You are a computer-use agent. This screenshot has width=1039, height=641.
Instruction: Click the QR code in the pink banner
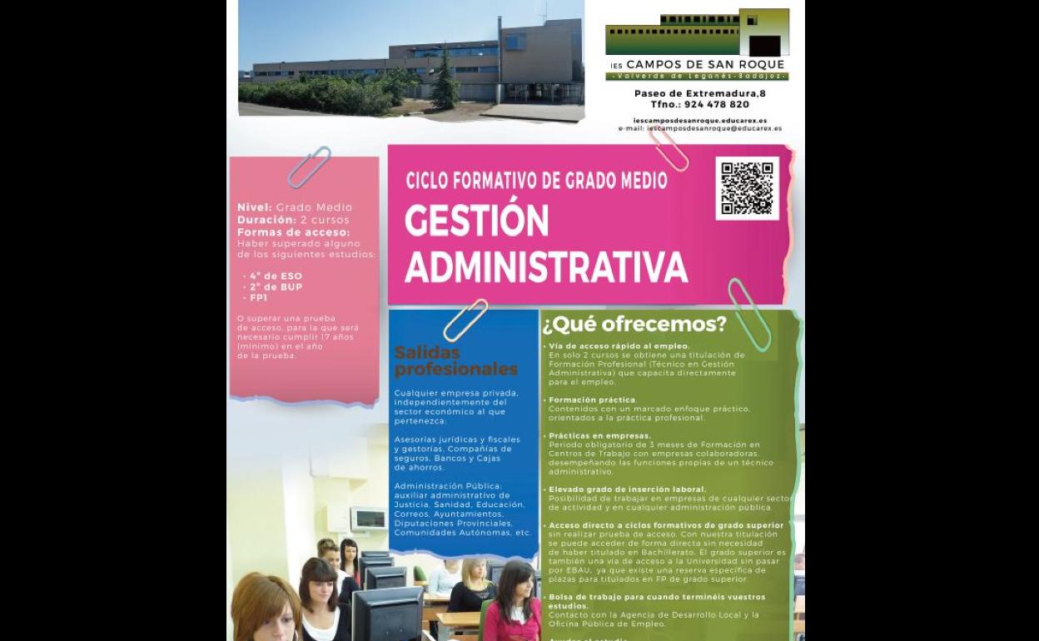click(747, 188)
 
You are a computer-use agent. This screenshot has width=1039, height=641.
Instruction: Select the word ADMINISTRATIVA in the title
click(546, 267)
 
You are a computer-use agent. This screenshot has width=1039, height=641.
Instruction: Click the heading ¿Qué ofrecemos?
click(634, 324)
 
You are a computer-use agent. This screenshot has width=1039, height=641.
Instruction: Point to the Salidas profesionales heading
click(455, 361)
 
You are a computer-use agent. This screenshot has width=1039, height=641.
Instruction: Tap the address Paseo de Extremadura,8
click(699, 93)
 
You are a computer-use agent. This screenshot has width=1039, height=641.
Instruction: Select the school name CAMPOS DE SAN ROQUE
click(704, 64)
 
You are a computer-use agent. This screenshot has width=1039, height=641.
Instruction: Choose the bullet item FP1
click(258, 297)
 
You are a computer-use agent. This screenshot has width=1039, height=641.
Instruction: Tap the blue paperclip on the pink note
click(309, 166)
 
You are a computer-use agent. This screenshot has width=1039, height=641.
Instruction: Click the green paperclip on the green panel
click(748, 314)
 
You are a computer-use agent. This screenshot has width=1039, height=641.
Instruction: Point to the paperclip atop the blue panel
click(465, 320)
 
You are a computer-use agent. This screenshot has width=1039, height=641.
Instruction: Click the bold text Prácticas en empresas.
click(599, 435)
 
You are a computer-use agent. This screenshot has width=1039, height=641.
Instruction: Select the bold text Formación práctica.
click(592, 400)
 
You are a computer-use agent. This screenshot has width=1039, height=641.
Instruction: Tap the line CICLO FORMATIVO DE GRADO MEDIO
click(536, 181)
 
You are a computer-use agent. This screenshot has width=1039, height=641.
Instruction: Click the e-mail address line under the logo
click(700, 129)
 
